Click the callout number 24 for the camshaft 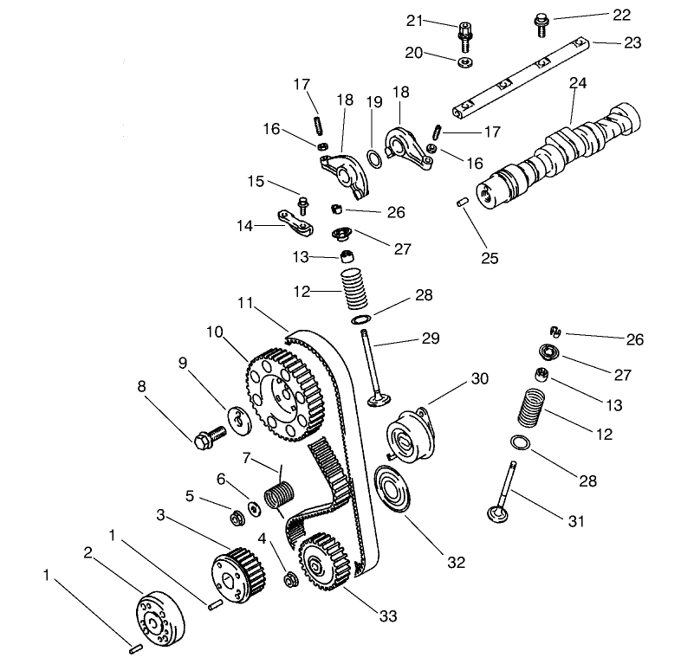coord(578,84)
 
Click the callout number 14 coord(245,225)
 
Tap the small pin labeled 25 coord(464,203)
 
